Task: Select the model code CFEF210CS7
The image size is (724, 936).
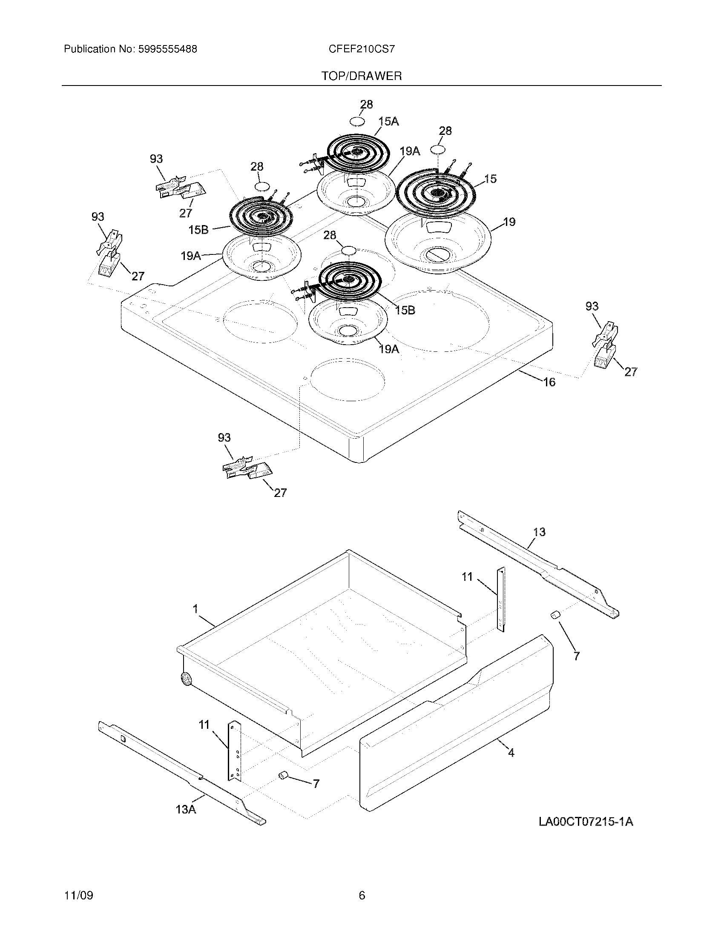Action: point(362,49)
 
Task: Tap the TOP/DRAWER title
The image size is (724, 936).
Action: point(362,76)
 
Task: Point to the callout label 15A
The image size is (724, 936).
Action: point(388,122)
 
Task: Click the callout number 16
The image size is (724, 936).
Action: point(549,382)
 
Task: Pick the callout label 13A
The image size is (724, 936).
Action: point(186,809)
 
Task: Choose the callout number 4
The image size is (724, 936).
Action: point(511,752)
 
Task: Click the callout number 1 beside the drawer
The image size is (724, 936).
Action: point(195,608)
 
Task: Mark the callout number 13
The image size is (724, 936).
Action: point(539,532)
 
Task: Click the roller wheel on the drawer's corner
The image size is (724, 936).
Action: point(186,679)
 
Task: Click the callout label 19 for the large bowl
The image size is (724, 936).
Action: point(509,222)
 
